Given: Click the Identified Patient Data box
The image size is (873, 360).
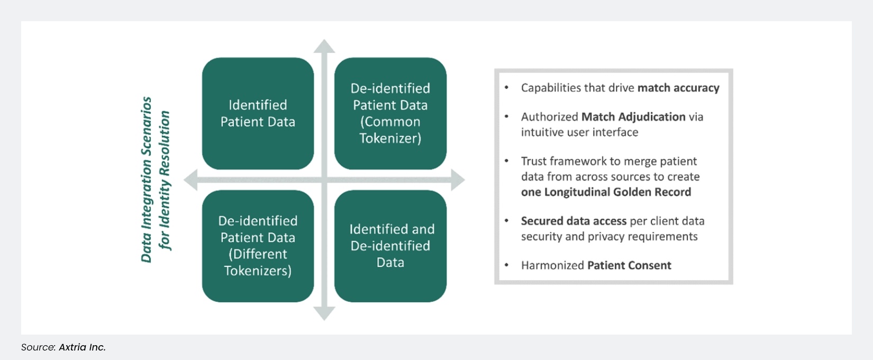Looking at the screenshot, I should tap(258, 113).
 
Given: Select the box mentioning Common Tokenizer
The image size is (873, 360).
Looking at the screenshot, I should tap(390, 113).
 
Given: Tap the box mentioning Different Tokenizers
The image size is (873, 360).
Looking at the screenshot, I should tap(258, 246).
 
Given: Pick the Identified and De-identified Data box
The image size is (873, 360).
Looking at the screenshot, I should tap(390, 246).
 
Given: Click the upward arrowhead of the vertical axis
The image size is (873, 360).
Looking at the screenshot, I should tap(324, 46).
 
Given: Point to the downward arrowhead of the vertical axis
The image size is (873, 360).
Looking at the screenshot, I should tap(324, 314).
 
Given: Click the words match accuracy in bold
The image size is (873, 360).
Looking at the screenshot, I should tap(678, 88).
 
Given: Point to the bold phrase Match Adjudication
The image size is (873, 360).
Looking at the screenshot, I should tap(633, 116).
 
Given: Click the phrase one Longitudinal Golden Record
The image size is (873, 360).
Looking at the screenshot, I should tap(606, 192).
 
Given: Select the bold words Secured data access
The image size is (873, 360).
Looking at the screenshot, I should tap(574, 221).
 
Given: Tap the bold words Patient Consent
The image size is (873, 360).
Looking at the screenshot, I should tap(629, 265).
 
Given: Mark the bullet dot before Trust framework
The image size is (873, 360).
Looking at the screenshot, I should tap(506, 161).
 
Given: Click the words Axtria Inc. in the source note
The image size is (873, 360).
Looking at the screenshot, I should tap(82, 347).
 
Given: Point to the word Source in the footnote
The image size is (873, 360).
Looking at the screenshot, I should tap(38, 347).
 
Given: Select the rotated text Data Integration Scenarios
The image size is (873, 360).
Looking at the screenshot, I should tap(147, 179).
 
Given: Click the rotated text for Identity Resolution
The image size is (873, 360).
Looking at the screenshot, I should tap(165, 180).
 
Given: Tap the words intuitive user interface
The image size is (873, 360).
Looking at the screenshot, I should tap(579, 132).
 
